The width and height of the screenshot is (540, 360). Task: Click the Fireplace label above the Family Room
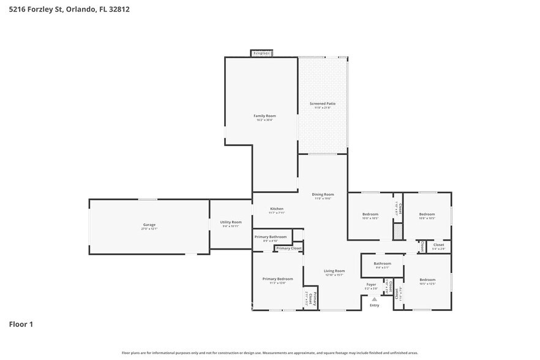(x=261, y=53)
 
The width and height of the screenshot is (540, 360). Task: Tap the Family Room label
(x=265, y=116)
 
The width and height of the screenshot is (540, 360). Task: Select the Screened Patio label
(x=323, y=104)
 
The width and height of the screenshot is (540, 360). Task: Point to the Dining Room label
(x=324, y=195)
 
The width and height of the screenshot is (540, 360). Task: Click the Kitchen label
(x=277, y=209)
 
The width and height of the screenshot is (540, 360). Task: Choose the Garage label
(x=149, y=225)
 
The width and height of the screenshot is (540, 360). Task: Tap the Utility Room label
(x=231, y=222)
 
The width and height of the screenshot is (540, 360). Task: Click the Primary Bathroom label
(x=270, y=236)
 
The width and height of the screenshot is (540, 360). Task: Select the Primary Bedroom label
(x=277, y=279)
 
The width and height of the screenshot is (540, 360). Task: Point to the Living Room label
(x=334, y=271)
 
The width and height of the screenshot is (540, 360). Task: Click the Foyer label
(x=371, y=284)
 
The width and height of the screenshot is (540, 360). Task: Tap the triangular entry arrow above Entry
(x=374, y=299)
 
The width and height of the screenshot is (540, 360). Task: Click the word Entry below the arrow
(x=374, y=305)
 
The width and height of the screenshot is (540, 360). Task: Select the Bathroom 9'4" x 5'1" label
(x=382, y=264)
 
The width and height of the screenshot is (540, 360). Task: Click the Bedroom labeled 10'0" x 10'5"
(x=370, y=214)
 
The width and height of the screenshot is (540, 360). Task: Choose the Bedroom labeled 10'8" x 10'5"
(x=427, y=214)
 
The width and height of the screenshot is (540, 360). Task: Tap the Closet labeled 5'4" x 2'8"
(x=438, y=245)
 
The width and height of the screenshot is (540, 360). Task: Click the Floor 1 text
(x=21, y=324)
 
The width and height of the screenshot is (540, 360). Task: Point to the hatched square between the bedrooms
(x=398, y=231)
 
